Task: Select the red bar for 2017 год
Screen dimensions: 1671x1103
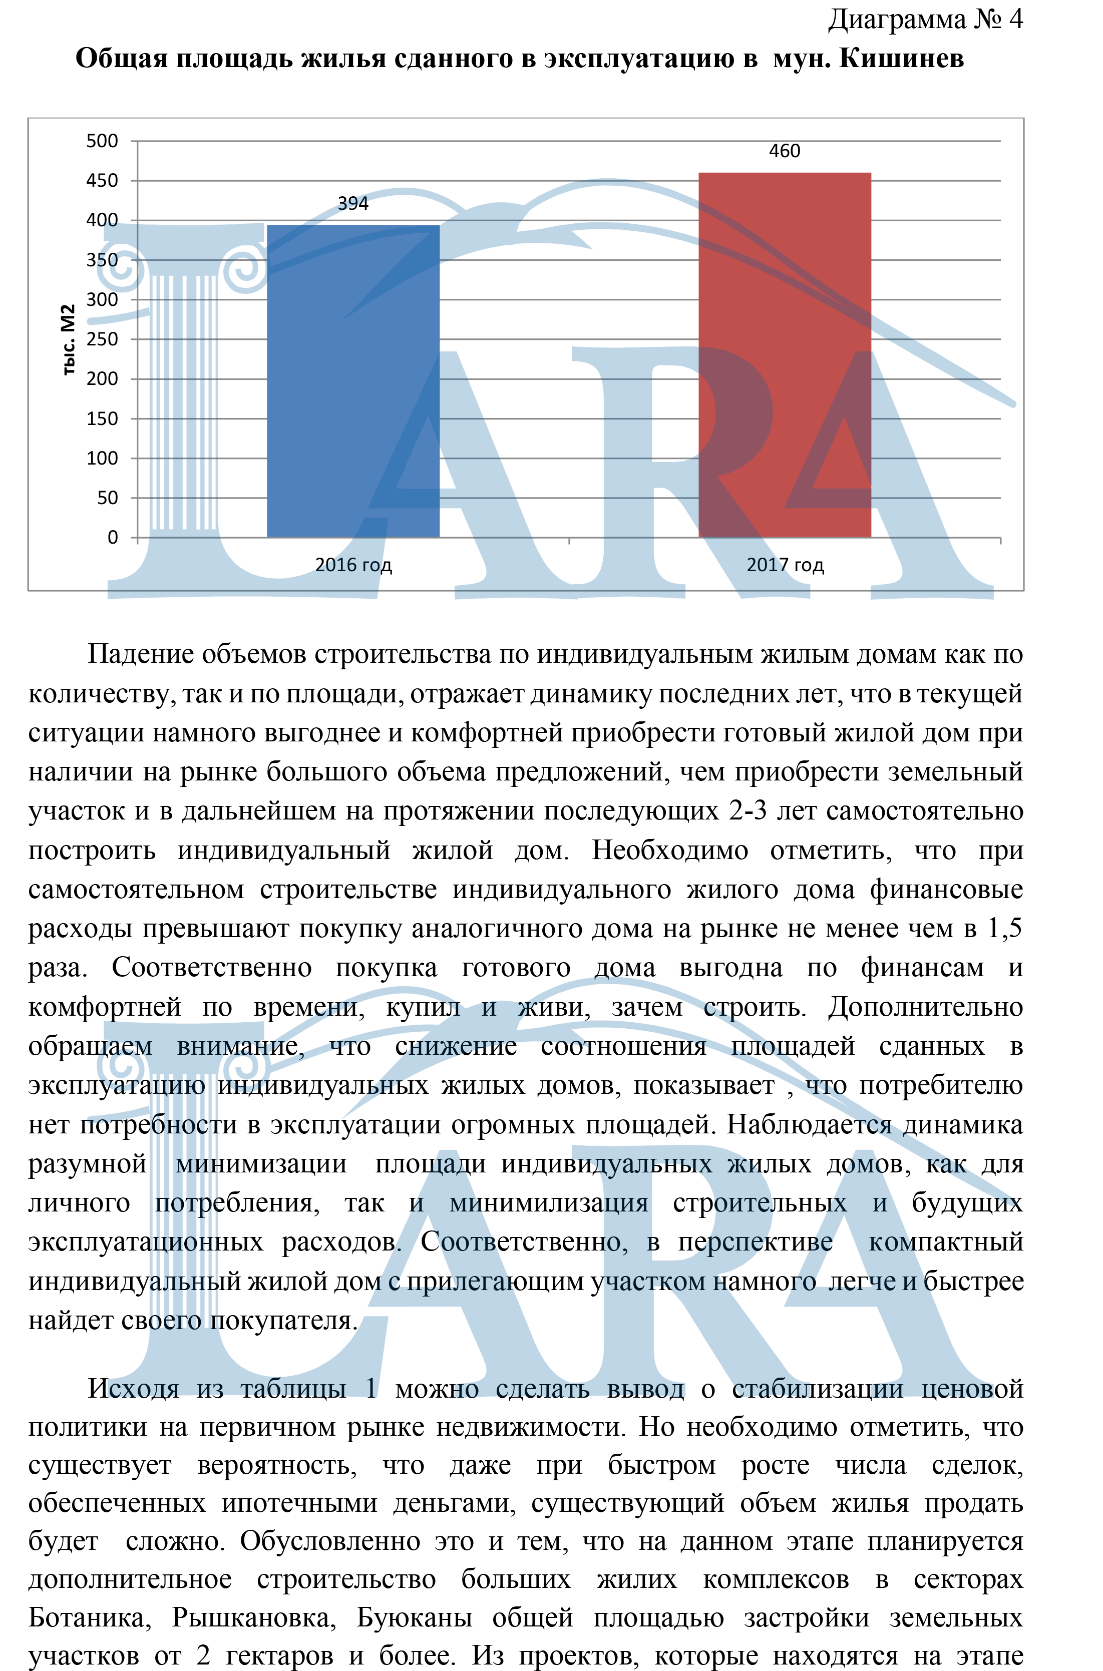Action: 785,355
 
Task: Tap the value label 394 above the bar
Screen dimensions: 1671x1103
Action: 353,204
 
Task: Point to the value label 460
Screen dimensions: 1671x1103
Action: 785,151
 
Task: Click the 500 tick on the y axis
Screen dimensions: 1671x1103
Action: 103,141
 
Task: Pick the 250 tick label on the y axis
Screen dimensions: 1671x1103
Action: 103,339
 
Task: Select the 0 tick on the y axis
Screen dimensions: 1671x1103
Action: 113,537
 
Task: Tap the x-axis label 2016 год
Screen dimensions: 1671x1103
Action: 353,565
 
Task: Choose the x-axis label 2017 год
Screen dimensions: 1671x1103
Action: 785,565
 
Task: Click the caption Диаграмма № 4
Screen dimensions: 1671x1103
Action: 925,20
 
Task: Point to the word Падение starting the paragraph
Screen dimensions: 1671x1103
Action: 140,655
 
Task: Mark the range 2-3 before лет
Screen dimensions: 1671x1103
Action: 748,811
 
